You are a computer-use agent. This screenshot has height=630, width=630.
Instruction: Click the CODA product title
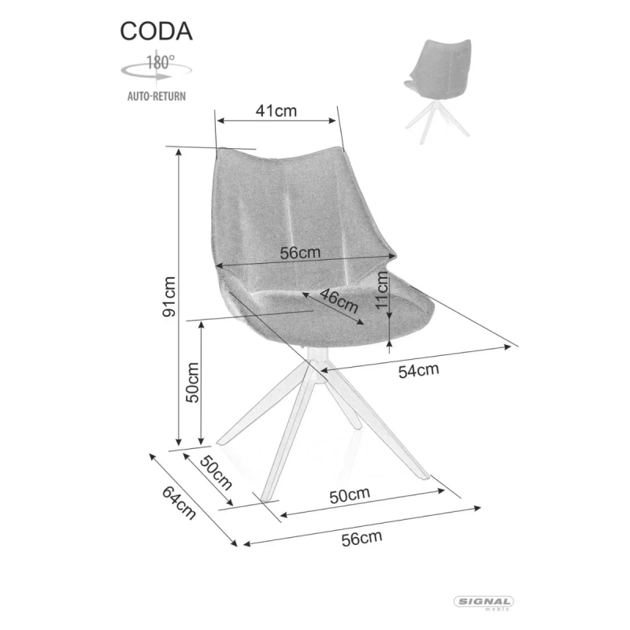156,31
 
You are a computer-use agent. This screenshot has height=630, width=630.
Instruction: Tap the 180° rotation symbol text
161,62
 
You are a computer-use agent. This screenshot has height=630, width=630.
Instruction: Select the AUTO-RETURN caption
156,96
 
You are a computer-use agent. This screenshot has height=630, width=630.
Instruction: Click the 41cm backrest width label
276,110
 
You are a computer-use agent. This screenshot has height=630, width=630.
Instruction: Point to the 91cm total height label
169,297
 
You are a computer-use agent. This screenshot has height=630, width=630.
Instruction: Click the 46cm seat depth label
339,301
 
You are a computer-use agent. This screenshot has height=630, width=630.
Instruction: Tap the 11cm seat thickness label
382,290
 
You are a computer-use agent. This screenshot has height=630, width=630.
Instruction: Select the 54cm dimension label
418,370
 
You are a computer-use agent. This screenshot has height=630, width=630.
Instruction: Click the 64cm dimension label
180,502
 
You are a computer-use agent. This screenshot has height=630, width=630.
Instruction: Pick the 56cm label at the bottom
361,539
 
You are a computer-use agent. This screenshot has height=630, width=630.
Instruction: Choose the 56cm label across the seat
300,253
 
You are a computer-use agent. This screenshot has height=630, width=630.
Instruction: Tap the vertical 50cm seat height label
192,383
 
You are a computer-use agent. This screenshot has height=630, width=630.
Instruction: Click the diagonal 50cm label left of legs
216,472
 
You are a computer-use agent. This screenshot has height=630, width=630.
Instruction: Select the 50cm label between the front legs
350,496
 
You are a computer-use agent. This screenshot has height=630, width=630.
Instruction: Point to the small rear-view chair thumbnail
438,91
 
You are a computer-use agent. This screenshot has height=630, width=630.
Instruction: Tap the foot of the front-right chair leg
424,477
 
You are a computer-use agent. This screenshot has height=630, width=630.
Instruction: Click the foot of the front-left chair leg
265,499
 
